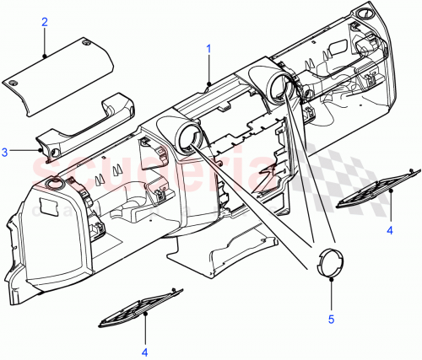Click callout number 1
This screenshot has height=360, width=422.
(x=208, y=50)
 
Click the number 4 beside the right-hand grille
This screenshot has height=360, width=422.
(x=389, y=228)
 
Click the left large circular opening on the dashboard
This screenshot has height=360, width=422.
(x=188, y=139)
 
